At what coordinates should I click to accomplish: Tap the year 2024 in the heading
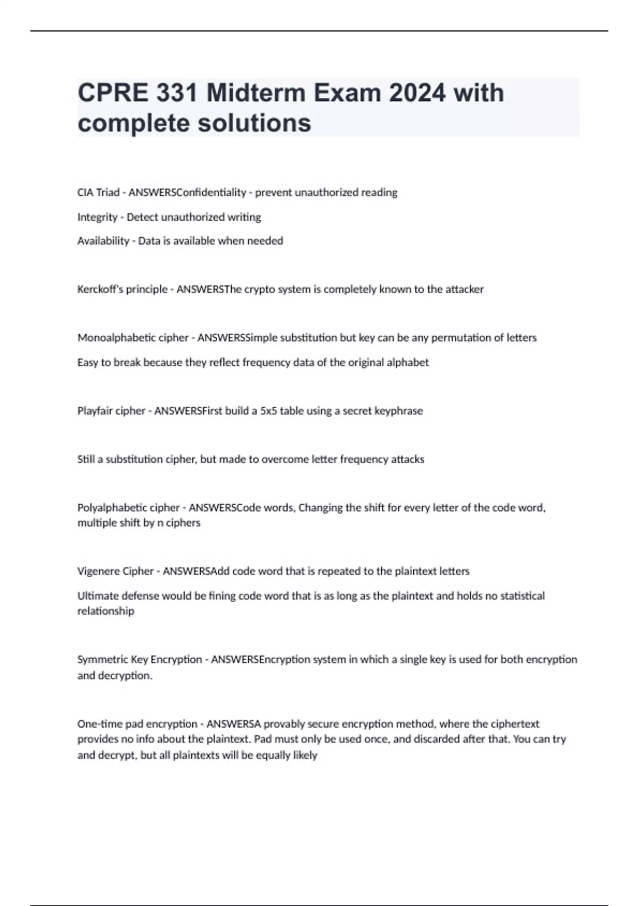[416, 93]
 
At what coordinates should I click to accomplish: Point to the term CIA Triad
[99, 192]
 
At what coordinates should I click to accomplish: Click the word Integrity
[97, 217]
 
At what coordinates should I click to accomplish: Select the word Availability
[103, 241]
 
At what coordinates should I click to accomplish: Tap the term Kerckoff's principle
[122, 289]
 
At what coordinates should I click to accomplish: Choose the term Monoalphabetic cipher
[133, 338]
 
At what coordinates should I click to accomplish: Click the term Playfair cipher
[111, 411]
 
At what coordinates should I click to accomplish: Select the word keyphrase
[399, 411]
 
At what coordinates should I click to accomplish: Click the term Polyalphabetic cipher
[128, 507]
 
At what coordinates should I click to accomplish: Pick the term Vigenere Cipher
[116, 571]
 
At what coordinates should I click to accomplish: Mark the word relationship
[106, 611]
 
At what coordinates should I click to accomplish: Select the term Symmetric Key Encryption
[140, 660]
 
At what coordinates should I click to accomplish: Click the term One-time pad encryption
[137, 724]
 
